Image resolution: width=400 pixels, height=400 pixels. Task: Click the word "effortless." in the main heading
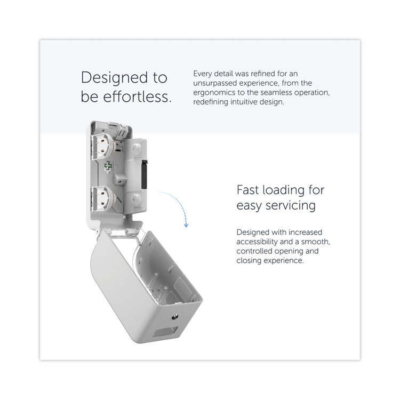click(137, 97)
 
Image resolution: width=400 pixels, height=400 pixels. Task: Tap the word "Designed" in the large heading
click(114, 77)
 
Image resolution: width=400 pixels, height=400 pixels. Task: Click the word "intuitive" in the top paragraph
click(245, 102)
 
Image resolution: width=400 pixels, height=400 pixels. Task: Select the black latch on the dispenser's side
click(144, 174)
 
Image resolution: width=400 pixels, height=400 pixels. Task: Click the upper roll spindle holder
click(103, 146)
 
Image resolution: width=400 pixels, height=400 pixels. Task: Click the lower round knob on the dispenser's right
click(136, 198)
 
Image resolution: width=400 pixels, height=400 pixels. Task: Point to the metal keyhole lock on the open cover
click(175, 317)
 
